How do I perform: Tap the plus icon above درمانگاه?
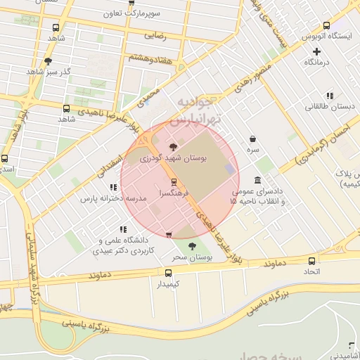pyautogui.click(x=317, y=51)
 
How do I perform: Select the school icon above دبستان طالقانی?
pyautogui.click(x=330, y=96)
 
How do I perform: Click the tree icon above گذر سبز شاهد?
pyautogui.click(x=48, y=61)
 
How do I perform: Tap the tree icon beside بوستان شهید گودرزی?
pyautogui.click(x=174, y=147)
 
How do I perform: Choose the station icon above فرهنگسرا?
pyautogui.click(x=174, y=182)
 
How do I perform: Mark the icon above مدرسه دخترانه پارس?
pyautogui.click(x=112, y=187)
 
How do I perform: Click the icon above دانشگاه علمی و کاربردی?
pyautogui.click(x=123, y=229)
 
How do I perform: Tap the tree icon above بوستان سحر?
pyautogui.click(x=192, y=245)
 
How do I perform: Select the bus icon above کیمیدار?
pyautogui.click(x=168, y=273)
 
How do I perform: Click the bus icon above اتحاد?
pyautogui.click(x=311, y=259)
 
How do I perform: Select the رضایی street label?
pyautogui.click(x=155, y=34)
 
